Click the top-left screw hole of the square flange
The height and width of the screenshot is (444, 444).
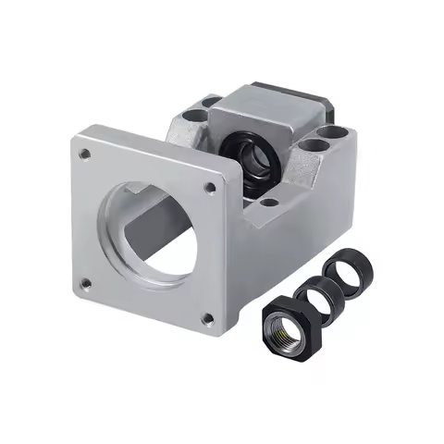pyautogui.click(x=85, y=154)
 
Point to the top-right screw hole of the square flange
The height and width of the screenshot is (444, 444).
pyautogui.click(x=210, y=188)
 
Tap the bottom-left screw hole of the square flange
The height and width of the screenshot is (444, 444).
pyautogui.click(x=84, y=282)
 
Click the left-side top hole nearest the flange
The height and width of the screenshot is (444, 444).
pyautogui.click(x=192, y=117)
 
